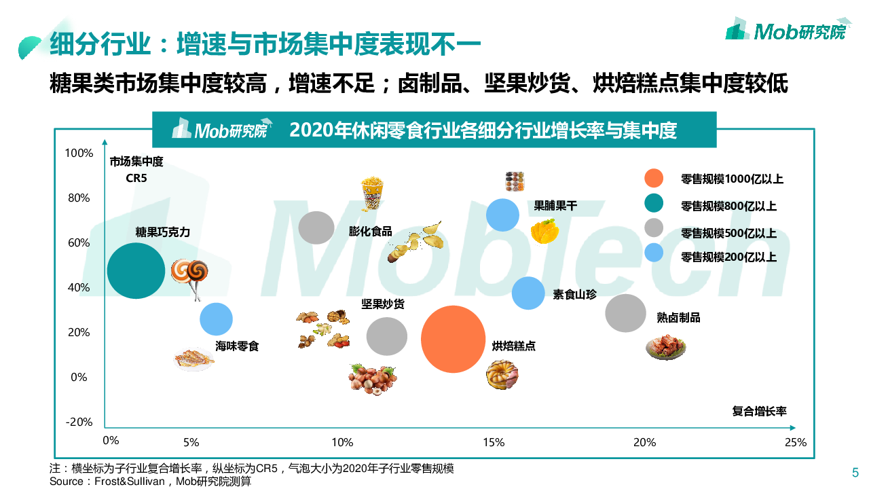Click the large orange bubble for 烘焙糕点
coord(454,339)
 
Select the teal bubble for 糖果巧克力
coord(136,270)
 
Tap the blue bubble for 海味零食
coord(216,319)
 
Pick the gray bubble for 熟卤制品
coord(625,313)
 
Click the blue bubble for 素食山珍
coord(528,293)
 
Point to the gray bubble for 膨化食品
coord(316,228)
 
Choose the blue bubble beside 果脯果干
coord(502,215)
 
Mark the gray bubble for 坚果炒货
coord(386,336)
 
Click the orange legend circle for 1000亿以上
coord(653,179)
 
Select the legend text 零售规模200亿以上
coord(728,257)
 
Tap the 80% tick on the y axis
coord(79,198)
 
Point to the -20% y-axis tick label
coord(79,422)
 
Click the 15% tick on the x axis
coord(494,442)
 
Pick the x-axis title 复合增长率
coord(759,411)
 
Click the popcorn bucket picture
coord(371,194)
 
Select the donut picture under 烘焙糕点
coord(502,374)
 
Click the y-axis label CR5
coord(136,179)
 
